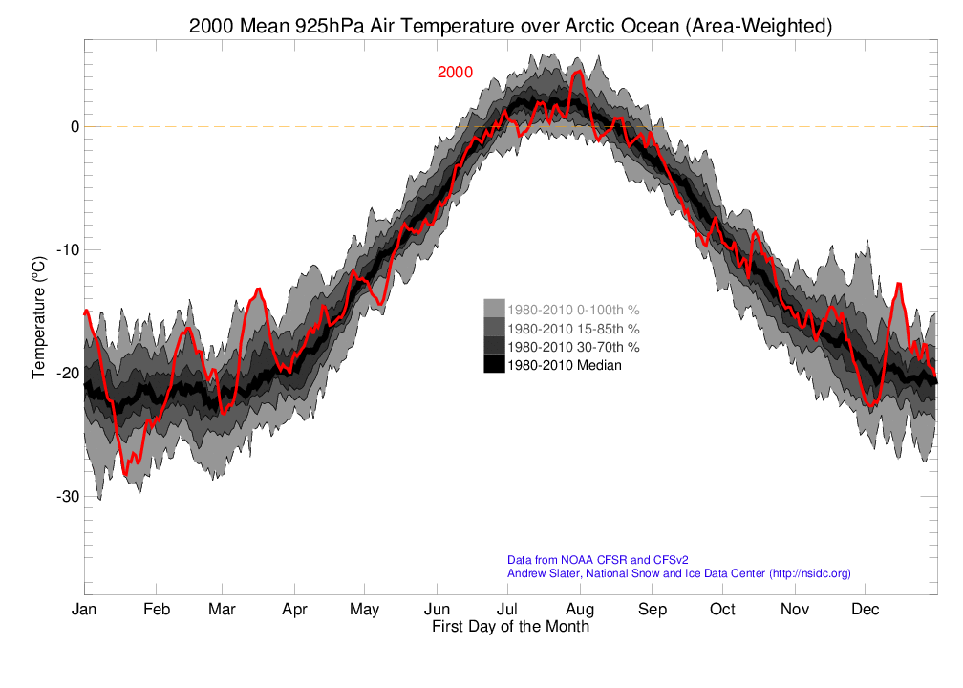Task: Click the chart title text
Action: coord(510,27)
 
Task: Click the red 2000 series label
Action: coord(455,73)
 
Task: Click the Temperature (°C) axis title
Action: coord(39,316)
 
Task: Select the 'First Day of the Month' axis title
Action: coord(510,628)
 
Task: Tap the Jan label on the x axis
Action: coord(84,610)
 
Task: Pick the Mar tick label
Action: coord(223,610)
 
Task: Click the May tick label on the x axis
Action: coord(365,610)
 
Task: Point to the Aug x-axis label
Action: coord(580,610)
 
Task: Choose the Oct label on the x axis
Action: coord(722,610)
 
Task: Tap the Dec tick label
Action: coord(866,610)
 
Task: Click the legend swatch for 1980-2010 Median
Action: coord(494,364)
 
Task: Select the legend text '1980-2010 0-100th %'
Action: coord(573,310)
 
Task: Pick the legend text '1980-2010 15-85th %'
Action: coord(573,328)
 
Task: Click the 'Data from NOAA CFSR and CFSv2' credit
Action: coord(598,559)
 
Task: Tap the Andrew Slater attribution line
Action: coord(678,573)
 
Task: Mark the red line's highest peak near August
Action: coord(578,71)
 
